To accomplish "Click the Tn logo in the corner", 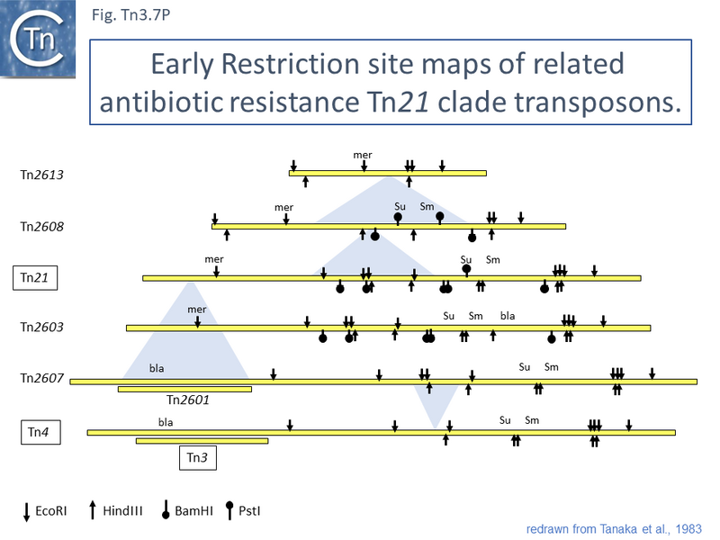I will coord(37,38).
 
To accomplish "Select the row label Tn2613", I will coord(41,174).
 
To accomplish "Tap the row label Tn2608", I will coord(41,226).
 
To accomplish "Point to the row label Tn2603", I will coord(41,328).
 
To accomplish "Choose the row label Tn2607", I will coord(41,379).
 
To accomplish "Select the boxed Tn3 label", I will coord(196,458).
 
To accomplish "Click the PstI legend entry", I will coord(247,511).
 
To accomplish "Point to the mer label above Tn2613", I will coord(363,155).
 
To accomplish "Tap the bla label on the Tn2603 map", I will coord(508,315).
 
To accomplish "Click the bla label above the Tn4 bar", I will coord(166,421).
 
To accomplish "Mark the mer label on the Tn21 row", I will coord(214,259).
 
